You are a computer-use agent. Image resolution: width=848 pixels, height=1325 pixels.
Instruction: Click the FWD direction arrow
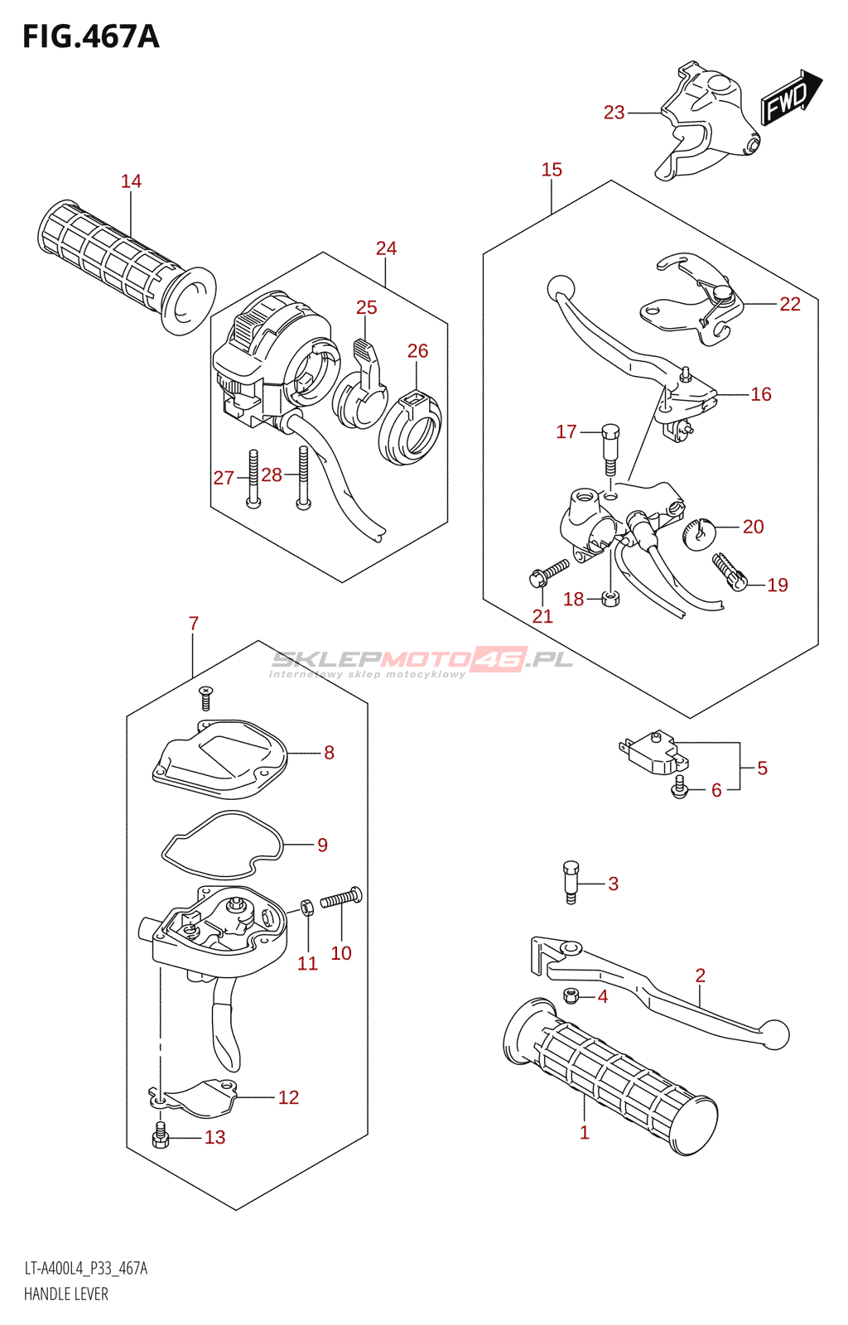(790, 98)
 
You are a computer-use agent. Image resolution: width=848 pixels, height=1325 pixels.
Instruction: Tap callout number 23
(614, 113)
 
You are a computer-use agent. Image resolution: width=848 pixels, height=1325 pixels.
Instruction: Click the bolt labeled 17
(610, 448)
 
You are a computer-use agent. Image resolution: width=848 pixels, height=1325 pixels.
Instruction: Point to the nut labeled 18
(610, 598)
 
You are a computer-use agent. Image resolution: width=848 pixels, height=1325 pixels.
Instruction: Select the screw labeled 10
(341, 898)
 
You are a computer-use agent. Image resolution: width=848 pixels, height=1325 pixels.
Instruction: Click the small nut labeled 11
(306, 907)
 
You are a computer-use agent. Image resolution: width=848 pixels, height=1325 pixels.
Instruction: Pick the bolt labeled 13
(161, 1136)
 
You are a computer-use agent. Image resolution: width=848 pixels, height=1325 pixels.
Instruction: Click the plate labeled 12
(199, 1097)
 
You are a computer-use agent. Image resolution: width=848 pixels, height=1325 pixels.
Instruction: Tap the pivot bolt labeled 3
(571, 882)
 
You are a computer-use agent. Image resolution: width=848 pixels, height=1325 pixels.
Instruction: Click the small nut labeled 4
(571, 995)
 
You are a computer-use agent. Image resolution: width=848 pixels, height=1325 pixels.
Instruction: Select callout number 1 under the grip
(585, 1133)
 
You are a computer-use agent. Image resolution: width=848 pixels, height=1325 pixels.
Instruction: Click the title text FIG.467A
(91, 36)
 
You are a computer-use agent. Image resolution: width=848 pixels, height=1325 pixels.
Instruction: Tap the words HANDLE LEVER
(66, 1294)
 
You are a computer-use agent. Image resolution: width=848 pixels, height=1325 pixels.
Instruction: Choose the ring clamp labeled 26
(411, 428)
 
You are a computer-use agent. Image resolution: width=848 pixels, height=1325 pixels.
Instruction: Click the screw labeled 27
(253, 479)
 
